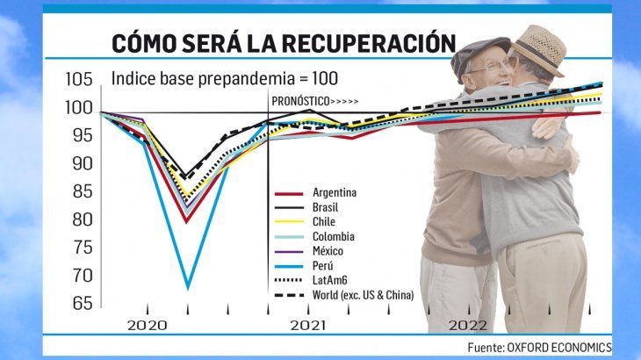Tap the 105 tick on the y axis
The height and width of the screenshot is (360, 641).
80,80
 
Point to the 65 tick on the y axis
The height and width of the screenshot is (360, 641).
82,303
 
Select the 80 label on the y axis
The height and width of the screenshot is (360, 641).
82,220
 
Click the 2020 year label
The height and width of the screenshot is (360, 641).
147,325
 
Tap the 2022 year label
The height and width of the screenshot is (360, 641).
468,325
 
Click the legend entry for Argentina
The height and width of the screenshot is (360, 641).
335,193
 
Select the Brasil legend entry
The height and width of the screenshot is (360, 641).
325,207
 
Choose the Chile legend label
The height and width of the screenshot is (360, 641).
323,221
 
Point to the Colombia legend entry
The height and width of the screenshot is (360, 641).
333,236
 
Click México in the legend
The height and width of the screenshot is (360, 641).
328,250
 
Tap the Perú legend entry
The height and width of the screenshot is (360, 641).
322,264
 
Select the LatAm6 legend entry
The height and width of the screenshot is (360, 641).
329,279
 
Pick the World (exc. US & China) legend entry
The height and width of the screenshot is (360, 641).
363,294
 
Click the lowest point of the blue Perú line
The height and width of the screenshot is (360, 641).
187,287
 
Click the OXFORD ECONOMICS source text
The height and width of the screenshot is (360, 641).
559,347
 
